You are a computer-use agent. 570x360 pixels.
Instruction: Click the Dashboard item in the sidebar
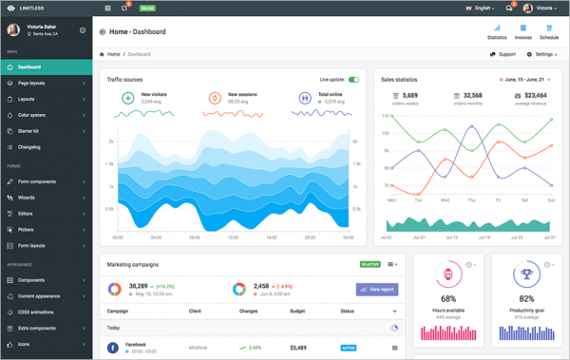coord(29,67)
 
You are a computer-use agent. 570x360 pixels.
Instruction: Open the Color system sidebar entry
coord(31,115)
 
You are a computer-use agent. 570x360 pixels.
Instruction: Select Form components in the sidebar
coord(37,181)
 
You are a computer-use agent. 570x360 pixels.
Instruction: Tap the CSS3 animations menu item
coord(37,313)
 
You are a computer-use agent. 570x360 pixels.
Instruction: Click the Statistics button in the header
coord(497,32)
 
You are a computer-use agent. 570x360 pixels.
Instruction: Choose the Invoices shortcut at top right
coord(522,32)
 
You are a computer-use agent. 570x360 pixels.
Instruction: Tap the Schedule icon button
coord(549,32)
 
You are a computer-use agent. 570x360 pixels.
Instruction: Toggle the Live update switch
coord(353,80)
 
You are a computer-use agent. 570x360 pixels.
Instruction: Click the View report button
coord(377,289)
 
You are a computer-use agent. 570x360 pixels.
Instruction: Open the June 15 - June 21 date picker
coord(525,80)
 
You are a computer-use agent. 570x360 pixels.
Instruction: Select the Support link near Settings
coord(503,54)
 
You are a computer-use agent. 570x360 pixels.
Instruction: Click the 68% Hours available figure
coord(447,299)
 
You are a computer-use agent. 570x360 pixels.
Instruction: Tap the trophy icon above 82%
coord(525,275)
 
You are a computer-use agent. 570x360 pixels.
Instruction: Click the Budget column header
coord(297,311)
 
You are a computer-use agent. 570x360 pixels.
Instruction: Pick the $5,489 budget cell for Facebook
coord(298,348)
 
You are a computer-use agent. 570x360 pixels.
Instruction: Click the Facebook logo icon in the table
coord(113,348)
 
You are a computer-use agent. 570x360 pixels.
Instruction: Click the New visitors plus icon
coord(127,98)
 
